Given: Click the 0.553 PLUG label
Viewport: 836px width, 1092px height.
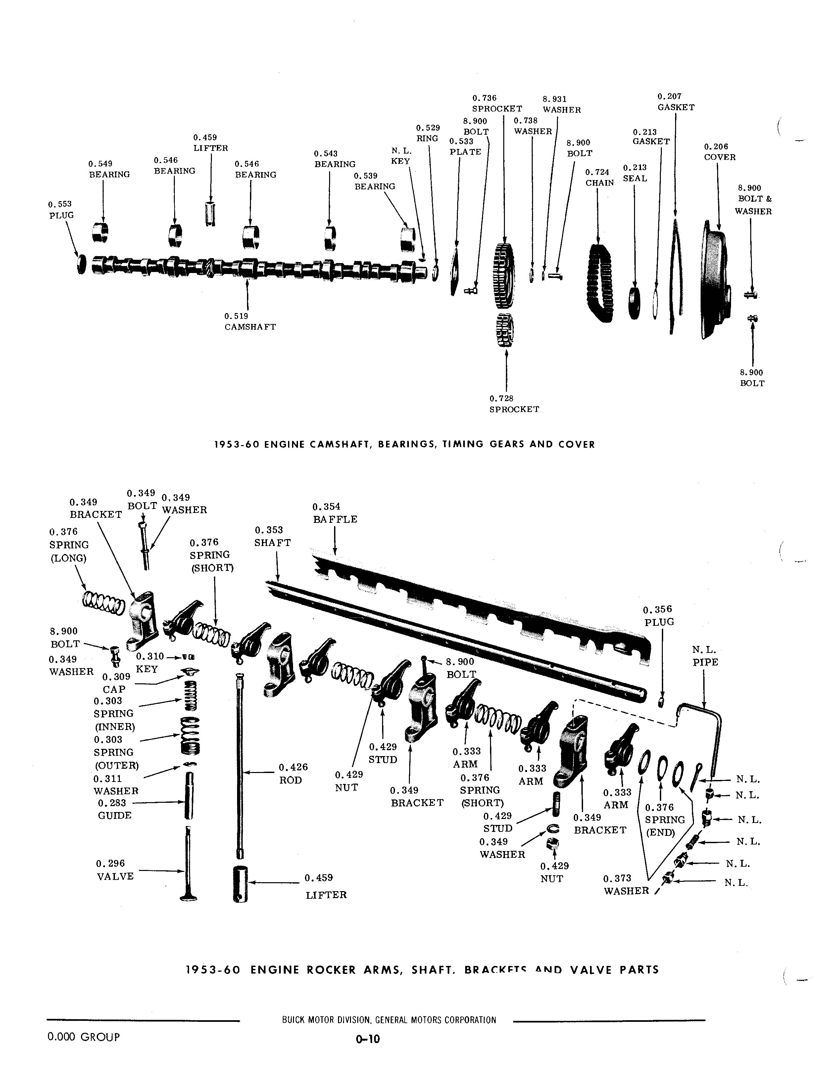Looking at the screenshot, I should [x=61, y=210].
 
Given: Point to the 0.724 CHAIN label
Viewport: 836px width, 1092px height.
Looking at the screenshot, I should [x=599, y=177].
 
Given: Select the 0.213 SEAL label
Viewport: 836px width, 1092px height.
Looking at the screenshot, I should [x=635, y=173].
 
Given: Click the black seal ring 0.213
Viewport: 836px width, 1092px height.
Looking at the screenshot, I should [x=634, y=303].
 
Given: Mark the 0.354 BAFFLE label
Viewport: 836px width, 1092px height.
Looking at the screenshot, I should [x=334, y=513].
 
